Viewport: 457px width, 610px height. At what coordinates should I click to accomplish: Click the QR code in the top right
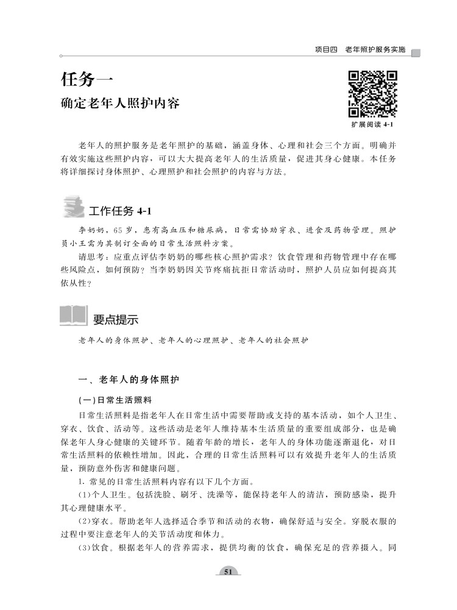(x=373, y=94)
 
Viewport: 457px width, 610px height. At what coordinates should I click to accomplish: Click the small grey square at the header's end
(x=416, y=52)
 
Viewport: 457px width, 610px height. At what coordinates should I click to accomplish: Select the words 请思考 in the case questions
(x=92, y=257)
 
